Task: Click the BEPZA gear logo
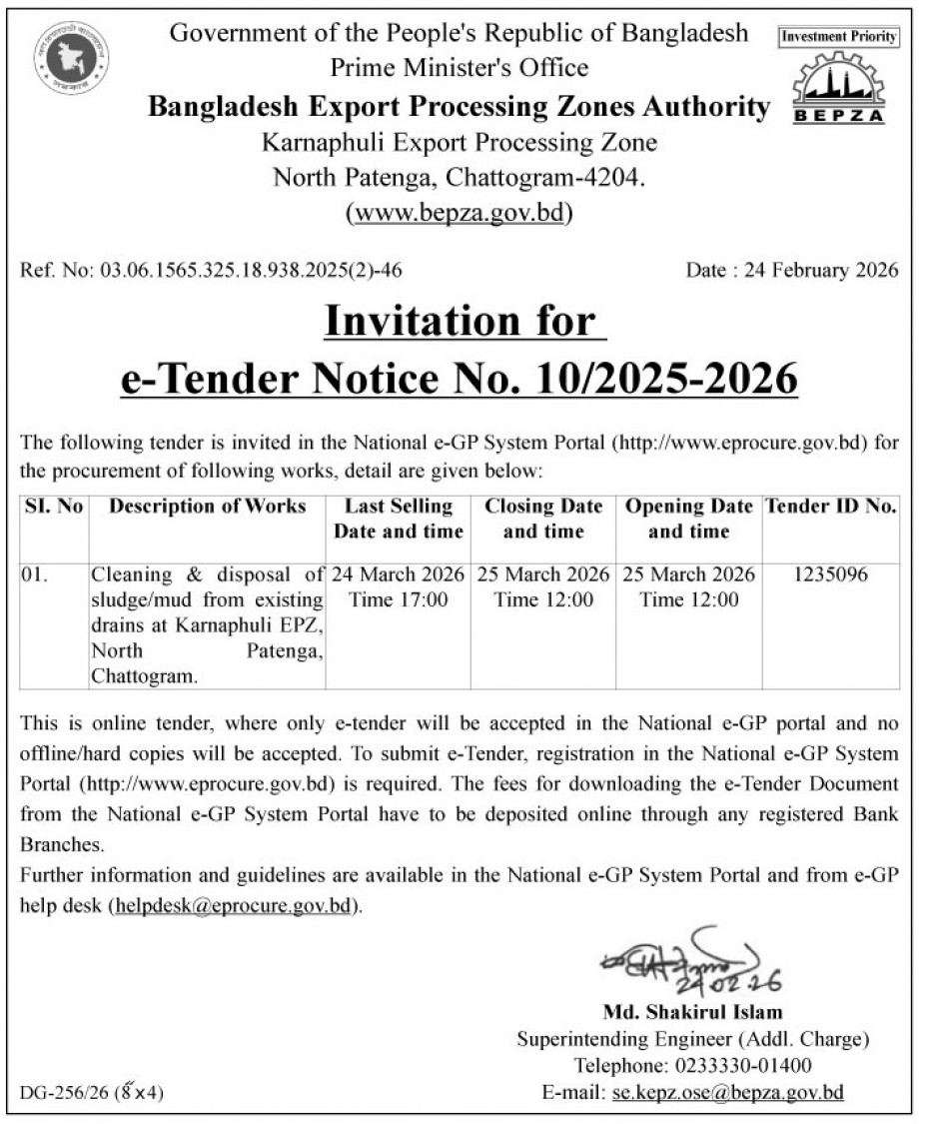point(839,88)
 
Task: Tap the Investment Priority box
point(839,37)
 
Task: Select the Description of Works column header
point(208,507)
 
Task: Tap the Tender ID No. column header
point(830,507)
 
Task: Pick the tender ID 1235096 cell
point(830,574)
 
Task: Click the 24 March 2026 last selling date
point(398,574)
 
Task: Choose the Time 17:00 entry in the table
point(398,599)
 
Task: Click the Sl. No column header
point(54,507)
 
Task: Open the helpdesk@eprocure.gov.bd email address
point(234,906)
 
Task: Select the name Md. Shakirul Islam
point(692,1012)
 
